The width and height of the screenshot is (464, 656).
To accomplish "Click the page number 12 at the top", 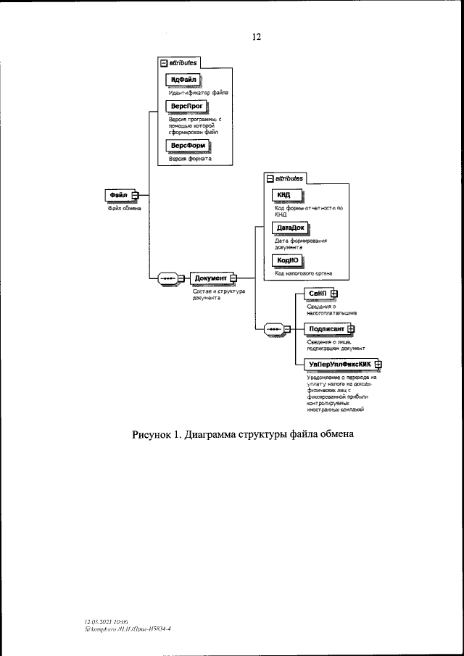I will coord(256,37).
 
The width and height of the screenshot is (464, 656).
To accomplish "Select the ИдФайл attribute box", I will coord(183,79).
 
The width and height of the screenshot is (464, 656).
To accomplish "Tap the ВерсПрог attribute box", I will coord(186,106).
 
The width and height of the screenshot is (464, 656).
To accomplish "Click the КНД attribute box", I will coord(283,195).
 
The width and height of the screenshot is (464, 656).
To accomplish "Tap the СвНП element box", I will coord(317,293).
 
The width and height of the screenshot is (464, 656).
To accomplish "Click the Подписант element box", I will coord(326,328).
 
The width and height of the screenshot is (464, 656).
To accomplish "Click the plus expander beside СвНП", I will coord(333,293).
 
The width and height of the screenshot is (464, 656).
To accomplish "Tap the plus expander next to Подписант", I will coord(351,328).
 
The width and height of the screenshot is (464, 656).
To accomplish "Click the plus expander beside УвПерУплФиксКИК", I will coord(378,364).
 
